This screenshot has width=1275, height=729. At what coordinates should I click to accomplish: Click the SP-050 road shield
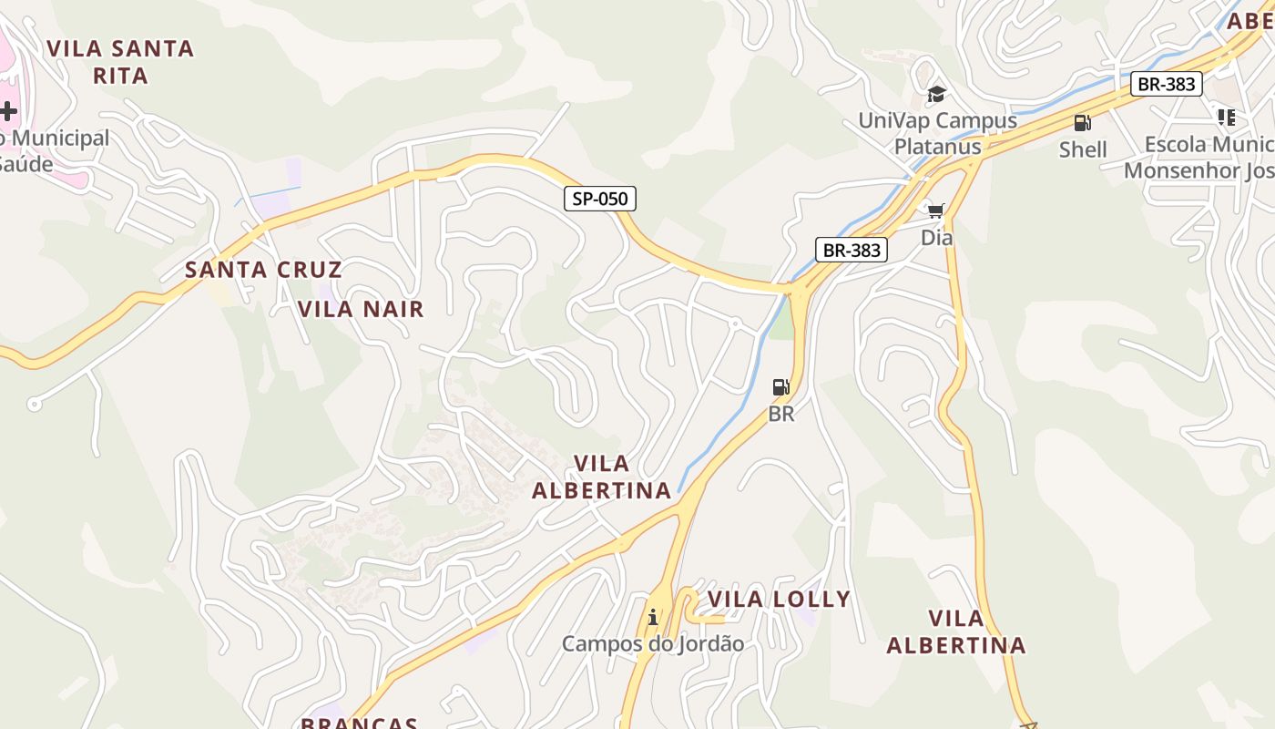(x=600, y=199)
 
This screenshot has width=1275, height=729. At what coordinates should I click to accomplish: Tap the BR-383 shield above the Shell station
(x=1167, y=85)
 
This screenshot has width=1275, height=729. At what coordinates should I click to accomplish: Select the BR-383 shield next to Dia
(x=851, y=250)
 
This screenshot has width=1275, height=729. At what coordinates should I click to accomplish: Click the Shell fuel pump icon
(x=1082, y=123)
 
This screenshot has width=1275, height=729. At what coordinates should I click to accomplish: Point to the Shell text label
(x=1083, y=149)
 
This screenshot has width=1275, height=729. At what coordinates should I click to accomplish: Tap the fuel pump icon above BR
(x=780, y=387)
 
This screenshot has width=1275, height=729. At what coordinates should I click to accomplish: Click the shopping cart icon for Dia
(x=936, y=211)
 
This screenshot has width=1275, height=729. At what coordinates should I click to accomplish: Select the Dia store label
(x=936, y=238)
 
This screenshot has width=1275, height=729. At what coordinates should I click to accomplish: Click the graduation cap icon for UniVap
(x=936, y=94)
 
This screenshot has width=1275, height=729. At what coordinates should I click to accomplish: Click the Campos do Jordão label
(x=652, y=643)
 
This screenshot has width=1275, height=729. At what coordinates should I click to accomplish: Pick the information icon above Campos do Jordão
(x=652, y=618)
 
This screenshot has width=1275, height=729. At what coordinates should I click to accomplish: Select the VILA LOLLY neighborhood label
(x=779, y=599)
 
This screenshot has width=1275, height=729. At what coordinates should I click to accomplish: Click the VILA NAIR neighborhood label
(x=362, y=309)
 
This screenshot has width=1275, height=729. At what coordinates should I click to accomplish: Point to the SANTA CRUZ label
(x=263, y=270)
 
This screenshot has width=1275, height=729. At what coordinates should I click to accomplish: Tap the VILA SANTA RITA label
(x=120, y=62)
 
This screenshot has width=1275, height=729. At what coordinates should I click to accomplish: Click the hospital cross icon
(x=8, y=112)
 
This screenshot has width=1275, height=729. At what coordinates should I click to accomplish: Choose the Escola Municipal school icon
(x=1227, y=118)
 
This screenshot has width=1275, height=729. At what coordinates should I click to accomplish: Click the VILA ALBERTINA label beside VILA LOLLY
(x=955, y=631)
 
